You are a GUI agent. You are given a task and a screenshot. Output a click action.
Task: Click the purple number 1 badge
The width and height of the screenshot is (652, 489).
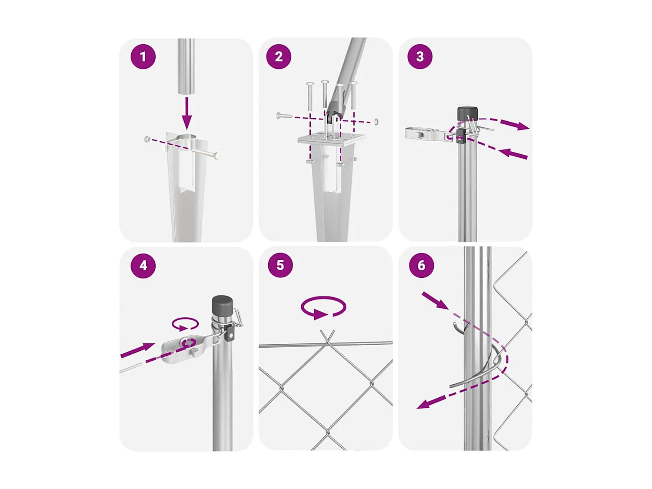[143, 57]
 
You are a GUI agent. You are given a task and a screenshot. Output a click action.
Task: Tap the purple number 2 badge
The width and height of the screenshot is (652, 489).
[279, 57]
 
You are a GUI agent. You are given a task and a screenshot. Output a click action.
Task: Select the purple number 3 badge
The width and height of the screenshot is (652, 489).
[420, 57]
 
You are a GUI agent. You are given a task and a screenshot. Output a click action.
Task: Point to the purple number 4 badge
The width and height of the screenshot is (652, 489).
[143, 266]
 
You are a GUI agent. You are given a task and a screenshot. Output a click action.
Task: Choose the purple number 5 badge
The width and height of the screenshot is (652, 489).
[280, 265]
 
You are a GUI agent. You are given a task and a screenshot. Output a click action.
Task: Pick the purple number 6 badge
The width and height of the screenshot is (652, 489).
[421, 265]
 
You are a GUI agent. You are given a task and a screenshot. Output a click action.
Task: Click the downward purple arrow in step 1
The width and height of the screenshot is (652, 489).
[186, 113]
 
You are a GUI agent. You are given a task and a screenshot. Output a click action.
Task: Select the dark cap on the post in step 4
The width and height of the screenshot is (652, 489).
[222, 307]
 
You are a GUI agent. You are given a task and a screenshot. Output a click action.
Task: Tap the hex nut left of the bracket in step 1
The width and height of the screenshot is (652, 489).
[146, 139]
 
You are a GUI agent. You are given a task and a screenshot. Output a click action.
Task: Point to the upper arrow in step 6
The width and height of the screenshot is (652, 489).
[435, 300]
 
